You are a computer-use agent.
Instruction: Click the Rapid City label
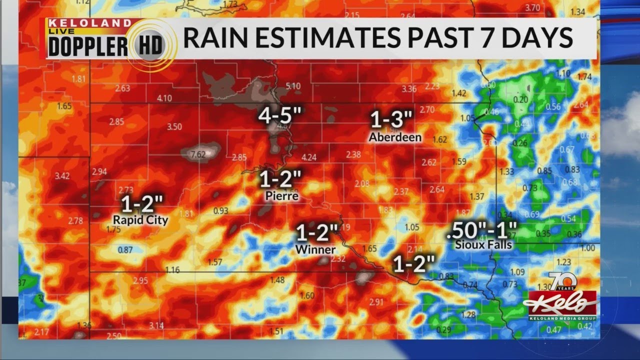coord(140,220)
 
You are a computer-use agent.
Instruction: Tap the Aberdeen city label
coord(395,137)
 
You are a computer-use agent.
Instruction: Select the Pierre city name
coord(281,196)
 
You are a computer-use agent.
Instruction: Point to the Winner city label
coord(315,249)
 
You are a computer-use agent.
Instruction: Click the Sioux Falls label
coord(483,244)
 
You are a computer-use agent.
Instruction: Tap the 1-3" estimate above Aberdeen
coord(391,120)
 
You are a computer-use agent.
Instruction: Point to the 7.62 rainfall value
coord(198,154)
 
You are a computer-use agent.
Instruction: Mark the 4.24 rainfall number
coord(309,157)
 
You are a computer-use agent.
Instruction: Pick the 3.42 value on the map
coord(62,175)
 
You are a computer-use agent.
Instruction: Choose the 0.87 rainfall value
coord(125,249)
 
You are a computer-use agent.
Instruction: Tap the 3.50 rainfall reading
coord(174,126)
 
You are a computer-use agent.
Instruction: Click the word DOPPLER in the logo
coord(88,46)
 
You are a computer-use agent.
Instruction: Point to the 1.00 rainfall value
coord(588,248)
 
